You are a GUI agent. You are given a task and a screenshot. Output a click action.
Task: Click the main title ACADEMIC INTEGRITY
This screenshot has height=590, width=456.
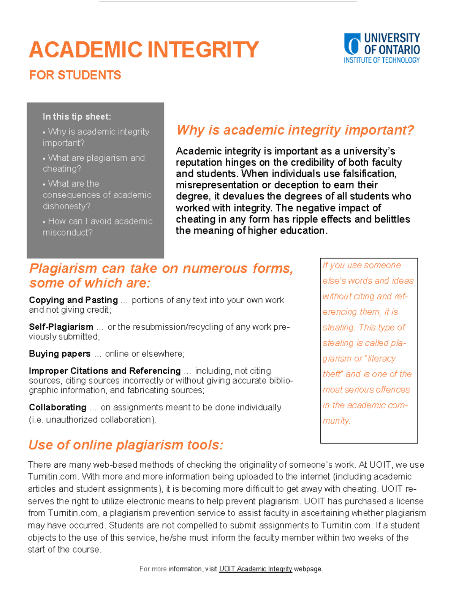(144, 50)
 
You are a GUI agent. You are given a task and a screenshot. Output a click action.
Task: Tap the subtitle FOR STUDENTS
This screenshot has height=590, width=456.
(75, 75)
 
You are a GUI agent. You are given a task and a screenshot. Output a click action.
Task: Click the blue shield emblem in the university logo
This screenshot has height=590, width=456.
(352, 44)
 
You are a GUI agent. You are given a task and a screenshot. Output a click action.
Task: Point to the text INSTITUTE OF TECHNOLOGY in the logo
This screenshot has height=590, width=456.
(382, 60)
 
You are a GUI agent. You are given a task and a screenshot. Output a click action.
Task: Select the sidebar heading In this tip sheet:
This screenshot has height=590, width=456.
(77, 117)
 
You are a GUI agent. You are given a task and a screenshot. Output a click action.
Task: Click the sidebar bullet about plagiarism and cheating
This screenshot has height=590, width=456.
(93, 163)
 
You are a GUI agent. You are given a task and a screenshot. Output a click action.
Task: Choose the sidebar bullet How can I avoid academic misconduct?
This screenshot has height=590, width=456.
(97, 226)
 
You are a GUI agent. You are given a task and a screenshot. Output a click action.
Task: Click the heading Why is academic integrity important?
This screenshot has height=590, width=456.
(295, 130)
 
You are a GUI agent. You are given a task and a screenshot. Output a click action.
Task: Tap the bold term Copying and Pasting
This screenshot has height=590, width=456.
(73, 300)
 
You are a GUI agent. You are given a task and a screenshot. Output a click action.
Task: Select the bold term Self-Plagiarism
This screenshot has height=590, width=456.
(61, 327)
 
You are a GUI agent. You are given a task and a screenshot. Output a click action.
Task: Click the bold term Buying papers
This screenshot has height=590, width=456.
(60, 354)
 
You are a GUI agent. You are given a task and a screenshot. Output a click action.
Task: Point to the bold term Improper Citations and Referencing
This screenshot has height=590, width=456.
(104, 371)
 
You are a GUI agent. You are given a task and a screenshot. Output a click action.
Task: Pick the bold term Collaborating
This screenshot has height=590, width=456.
(57, 407)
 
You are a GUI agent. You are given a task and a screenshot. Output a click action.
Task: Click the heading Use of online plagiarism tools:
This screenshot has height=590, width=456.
(126, 444)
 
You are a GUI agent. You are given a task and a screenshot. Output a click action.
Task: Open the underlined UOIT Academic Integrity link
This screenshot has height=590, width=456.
(255, 569)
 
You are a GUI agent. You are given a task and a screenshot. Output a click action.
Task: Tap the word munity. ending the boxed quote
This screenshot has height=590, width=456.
(336, 421)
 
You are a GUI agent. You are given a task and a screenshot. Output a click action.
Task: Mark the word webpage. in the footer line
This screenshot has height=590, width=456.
(308, 569)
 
